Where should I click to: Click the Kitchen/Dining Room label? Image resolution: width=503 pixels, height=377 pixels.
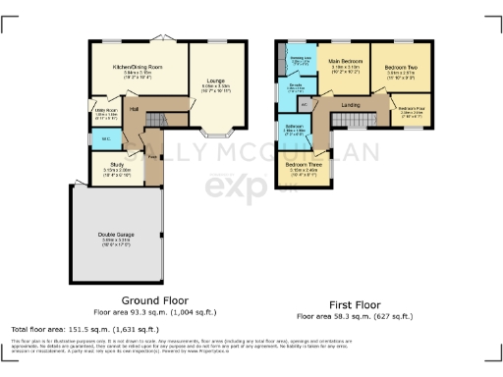[x=138, y=67]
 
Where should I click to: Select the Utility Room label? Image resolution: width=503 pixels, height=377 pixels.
[x=105, y=110]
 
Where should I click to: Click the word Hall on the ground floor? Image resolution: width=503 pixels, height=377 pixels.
[x=134, y=109]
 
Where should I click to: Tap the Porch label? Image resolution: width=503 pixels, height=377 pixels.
[x=152, y=156]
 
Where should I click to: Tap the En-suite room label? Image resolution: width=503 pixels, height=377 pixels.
[x=295, y=86]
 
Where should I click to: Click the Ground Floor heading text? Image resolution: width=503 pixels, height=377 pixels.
[x=154, y=299]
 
